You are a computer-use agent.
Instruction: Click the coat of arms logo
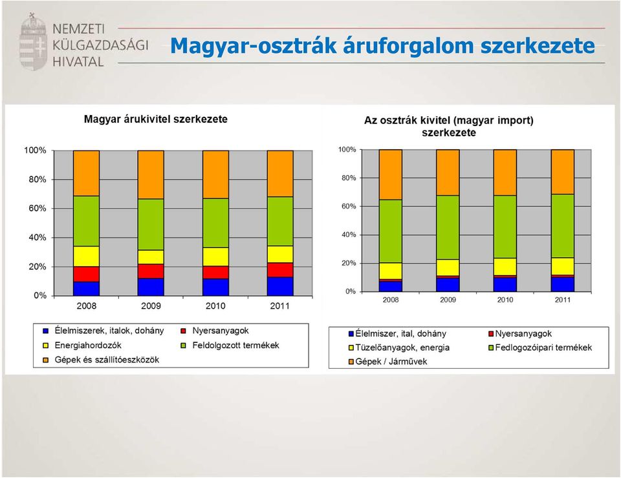(x=33, y=41)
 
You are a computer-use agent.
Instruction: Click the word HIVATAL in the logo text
(x=78, y=61)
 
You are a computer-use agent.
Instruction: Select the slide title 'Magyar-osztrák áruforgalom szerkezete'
(x=382, y=45)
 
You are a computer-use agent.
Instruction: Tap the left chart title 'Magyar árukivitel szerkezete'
(x=156, y=119)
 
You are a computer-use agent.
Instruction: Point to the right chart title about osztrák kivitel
(x=449, y=126)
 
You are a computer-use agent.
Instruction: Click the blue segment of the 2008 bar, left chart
(x=86, y=289)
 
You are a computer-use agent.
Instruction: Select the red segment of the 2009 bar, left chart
(x=151, y=271)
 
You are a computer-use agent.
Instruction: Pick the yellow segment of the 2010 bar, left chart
(x=215, y=257)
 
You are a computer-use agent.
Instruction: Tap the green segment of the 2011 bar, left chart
(x=280, y=222)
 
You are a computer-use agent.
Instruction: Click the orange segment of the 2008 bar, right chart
(x=391, y=175)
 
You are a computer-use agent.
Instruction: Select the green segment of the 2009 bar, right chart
(x=448, y=227)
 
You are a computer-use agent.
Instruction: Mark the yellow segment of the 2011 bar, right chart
(x=563, y=267)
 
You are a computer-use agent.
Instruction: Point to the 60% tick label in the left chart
(x=38, y=209)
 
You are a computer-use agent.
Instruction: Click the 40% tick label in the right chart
(x=349, y=235)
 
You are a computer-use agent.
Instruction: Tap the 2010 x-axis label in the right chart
(x=505, y=300)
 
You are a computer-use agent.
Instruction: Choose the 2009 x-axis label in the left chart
(x=151, y=306)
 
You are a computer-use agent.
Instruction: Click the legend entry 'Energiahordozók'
(x=82, y=345)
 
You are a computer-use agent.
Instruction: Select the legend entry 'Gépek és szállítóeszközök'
(x=101, y=360)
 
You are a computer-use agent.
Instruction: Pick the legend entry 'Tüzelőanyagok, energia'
(x=399, y=348)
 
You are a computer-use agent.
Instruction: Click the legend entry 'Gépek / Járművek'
(x=387, y=361)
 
